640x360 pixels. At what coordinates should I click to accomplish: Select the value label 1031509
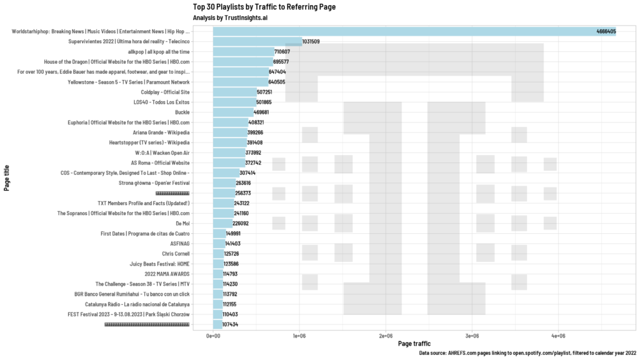(x=311, y=42)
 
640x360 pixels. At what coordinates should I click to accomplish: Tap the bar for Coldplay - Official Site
(x=234, y=92)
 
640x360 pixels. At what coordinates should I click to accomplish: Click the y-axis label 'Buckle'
(x=182, y=112)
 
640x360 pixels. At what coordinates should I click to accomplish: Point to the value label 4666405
(x=606, y=31)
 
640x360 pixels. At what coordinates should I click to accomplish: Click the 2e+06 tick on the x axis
(x=386, y=336)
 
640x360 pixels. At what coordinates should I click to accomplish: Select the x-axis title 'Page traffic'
(x=414, y=344)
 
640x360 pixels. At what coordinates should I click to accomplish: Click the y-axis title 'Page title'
(x=7, y=178)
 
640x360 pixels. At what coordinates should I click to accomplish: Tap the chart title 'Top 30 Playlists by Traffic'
(x=264, y=7)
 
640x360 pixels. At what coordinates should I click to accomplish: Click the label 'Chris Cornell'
(x=176, y=254)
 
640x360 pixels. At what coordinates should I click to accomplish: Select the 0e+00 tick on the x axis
(x=213, y=336)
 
